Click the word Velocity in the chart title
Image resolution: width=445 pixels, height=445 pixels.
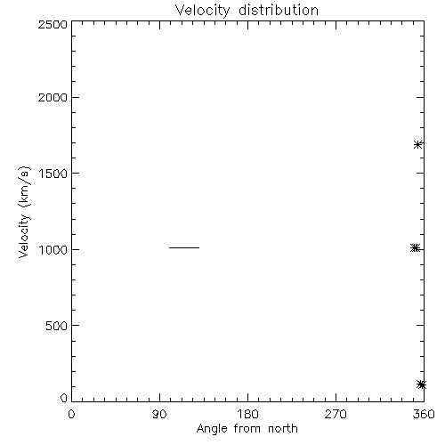coord(202,11)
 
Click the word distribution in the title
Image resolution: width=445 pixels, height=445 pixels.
coord(279,10)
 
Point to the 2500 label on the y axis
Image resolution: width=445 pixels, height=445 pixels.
coord(53,24)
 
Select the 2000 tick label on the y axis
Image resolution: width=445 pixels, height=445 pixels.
coord(53,97)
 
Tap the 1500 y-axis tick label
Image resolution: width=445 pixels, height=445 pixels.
coord(53,174)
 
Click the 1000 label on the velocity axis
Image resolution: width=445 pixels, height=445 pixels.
coord(53,249)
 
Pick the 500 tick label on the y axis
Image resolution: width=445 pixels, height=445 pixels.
coord(57,326)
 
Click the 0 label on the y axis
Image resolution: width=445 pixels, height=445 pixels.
coord(64,398)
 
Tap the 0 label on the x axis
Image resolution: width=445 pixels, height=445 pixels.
coord(71,414)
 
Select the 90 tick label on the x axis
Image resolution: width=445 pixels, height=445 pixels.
coord(159,414)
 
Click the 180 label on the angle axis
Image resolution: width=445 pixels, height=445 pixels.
coord(247,414)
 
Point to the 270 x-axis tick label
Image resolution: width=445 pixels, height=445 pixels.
coord(336,414)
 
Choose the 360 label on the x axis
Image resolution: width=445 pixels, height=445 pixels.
coord(424,414)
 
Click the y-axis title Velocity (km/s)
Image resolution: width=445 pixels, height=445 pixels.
coord(24,212)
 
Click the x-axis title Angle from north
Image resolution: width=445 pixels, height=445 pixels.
coord(247,429)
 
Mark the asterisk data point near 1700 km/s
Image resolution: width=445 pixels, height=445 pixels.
coord(418,145)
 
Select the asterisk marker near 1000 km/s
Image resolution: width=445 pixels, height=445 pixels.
coord(415,247)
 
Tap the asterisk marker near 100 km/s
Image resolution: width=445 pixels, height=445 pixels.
coord(421,384)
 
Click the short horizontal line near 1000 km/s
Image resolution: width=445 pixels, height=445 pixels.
coord(184,247)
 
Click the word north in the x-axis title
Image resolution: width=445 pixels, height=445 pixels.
coord(283,428)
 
